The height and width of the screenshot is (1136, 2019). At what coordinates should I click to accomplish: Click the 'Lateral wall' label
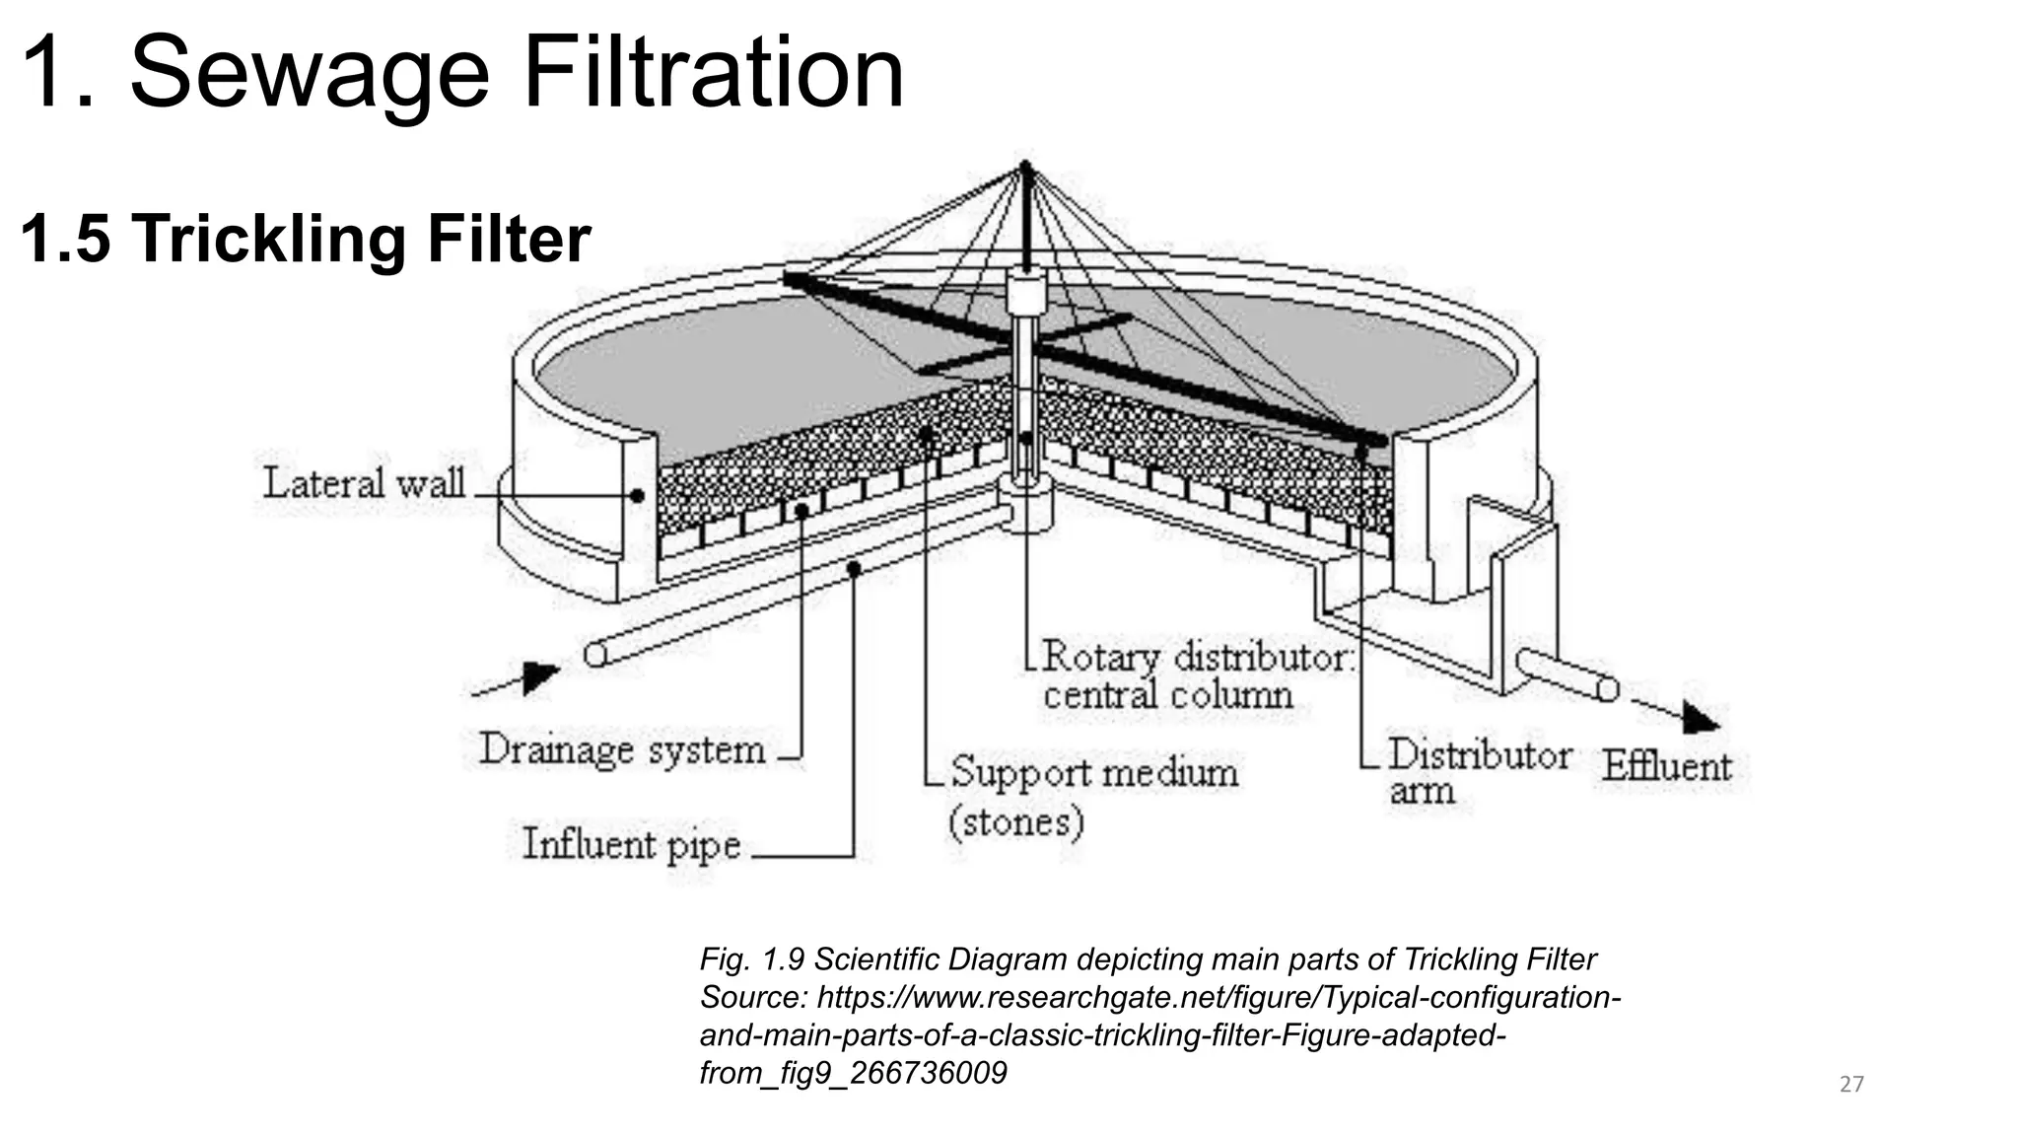click(x=363, y=484)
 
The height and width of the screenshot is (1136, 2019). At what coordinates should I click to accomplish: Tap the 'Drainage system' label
click(x=622, y=750)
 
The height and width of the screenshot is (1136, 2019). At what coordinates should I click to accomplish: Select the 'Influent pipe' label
click(x=631, y=845)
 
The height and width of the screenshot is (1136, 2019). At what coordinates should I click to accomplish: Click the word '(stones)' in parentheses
click(x=1015, y=821)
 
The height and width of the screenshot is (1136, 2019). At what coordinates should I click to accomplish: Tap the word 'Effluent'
click(x=1666, y=767)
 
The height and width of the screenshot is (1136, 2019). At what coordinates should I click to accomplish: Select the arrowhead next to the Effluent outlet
click(x=1700, y=718)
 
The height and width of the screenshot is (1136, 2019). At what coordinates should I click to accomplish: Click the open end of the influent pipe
click(x=594, y=655)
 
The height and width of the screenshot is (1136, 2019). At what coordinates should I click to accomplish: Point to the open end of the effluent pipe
click(x=1607, y=688)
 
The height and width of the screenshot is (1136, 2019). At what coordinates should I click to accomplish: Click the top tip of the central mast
click(x=1025, y=165)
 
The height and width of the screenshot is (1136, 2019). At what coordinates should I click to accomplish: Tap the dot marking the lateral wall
click(x=637, y=496)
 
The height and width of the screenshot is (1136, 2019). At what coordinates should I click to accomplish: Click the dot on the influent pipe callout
click(x=854, y=569)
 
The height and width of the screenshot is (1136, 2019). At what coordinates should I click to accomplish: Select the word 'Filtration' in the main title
click(x=712, y=73)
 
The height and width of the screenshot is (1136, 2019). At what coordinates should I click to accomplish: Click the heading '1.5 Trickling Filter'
click(x=305, y=240)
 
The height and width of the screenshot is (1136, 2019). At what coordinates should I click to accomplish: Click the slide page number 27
click(x=1851, y=1085)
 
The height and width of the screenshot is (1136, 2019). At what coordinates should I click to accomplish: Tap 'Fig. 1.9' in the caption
click(x=752, y=959)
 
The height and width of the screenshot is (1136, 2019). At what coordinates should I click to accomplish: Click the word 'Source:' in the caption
click(x=753, y=998)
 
